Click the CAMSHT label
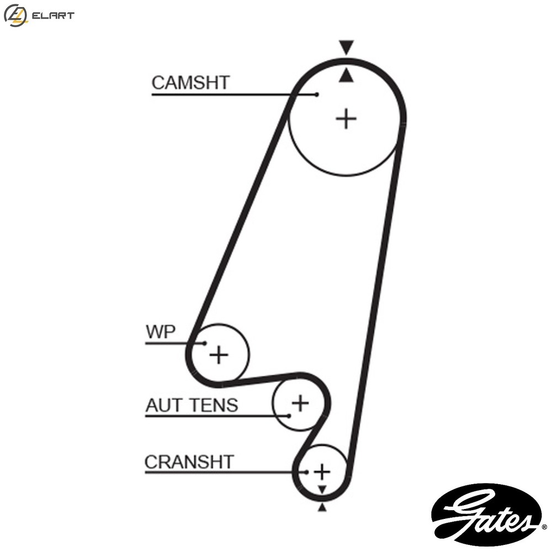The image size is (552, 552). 190,83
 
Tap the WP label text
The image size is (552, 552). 161,331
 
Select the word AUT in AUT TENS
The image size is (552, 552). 164,405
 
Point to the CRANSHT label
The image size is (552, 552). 189,462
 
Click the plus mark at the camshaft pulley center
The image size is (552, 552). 346,119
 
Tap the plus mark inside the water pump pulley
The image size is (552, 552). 219,354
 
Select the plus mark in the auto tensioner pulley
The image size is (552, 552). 300,403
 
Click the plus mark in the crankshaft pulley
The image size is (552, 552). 322,472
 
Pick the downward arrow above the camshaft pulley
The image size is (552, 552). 346,47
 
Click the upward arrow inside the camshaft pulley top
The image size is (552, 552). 346,75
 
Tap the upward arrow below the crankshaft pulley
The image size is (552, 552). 322,507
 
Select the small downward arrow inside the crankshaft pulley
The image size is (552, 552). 322,489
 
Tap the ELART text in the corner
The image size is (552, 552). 53,15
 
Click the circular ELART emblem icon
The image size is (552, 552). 15,15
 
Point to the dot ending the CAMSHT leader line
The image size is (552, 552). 317,94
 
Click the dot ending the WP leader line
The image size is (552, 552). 205,343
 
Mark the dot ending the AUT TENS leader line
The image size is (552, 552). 289,416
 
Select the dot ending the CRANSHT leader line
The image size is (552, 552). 306,472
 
